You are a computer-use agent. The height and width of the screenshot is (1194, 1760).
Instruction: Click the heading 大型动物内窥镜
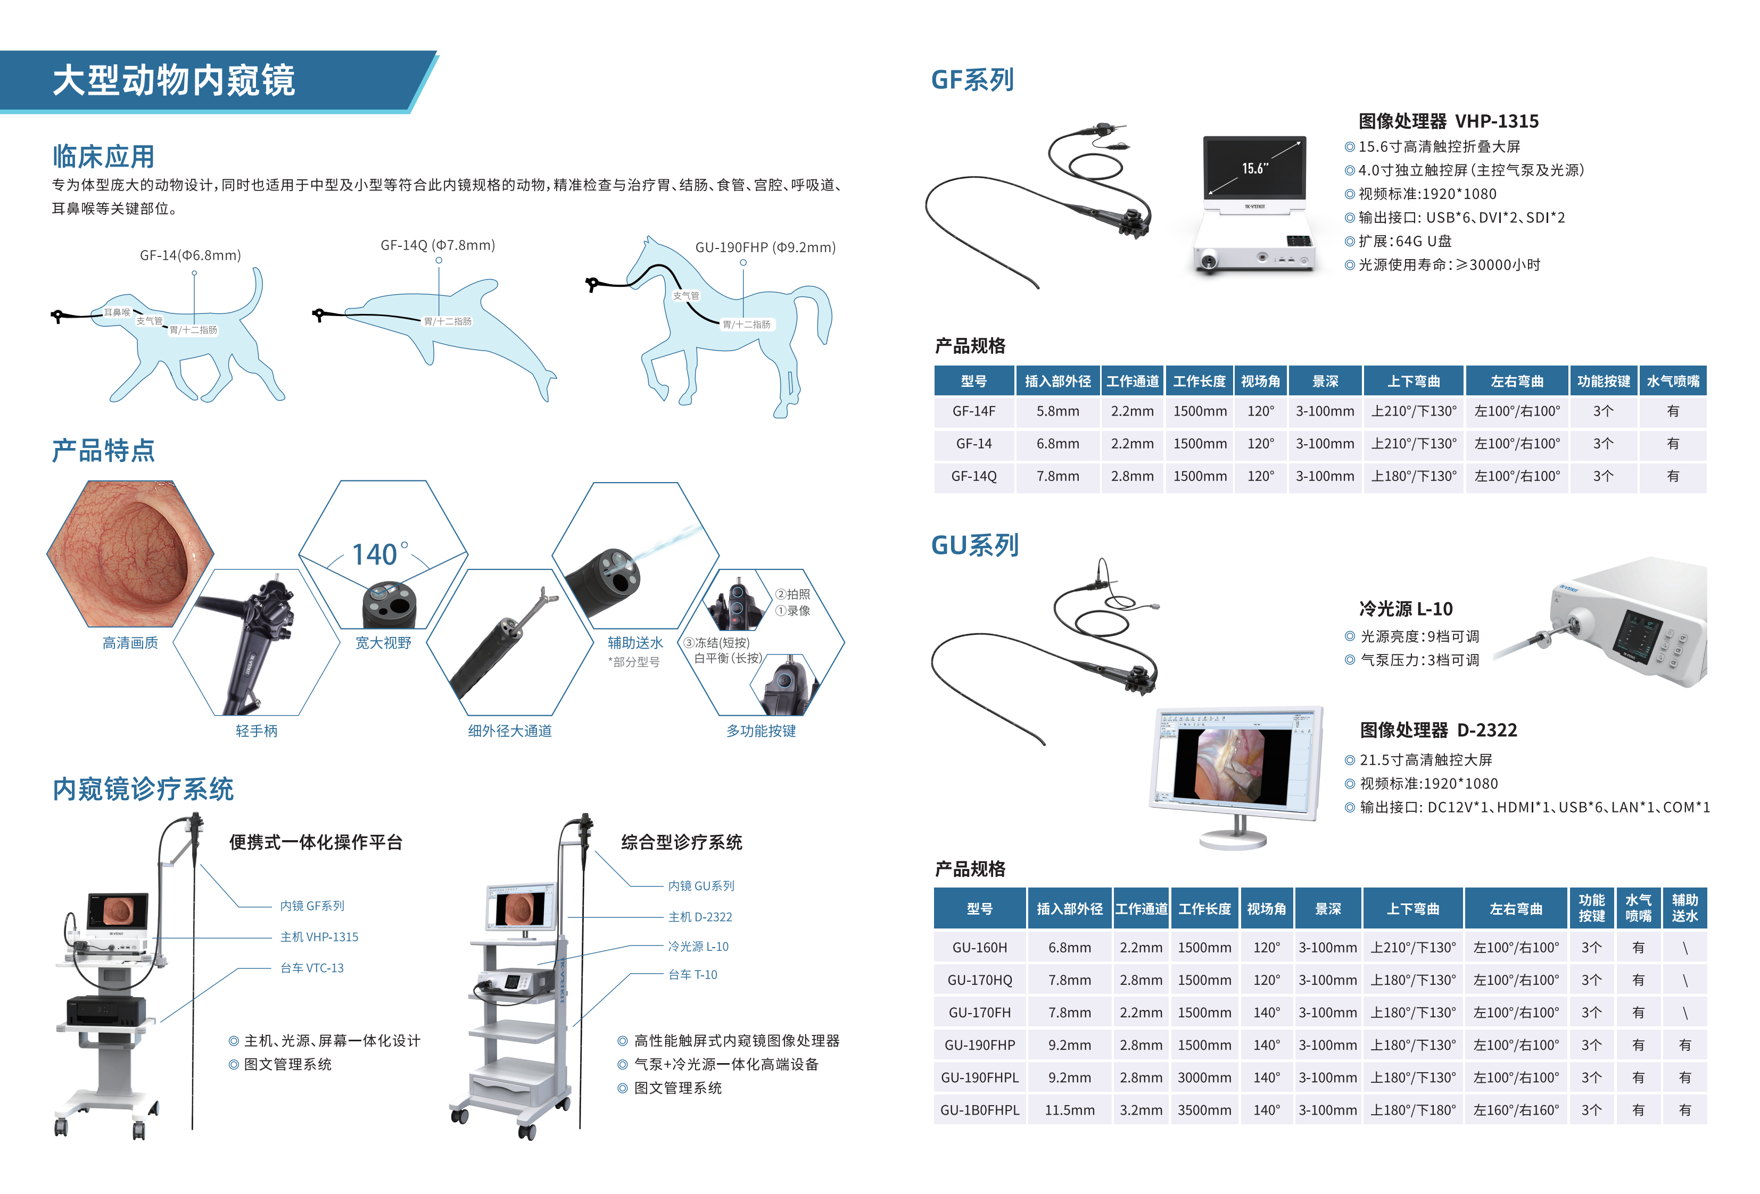(x=173, y=80)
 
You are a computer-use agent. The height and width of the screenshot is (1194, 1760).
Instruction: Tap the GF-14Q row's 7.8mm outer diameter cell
(x=1057, y=476)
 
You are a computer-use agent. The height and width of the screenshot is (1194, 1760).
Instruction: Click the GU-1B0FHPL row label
(x=979, y=1110)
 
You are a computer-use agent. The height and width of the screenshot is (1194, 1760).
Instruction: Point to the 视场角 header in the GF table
(x=1260, y=381)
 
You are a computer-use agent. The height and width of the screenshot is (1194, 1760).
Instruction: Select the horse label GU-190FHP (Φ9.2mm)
(x=765, y=247)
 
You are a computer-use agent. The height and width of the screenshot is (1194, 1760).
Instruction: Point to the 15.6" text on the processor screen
(x=1255, y=168)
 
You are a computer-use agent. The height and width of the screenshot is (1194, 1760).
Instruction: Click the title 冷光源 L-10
(x=1406, y=609)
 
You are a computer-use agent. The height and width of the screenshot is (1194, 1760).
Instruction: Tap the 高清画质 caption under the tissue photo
(x=130, y=643)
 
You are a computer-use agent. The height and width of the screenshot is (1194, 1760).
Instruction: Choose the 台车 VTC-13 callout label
(x=311, y=968)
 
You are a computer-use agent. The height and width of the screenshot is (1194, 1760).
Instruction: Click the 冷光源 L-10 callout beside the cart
(x=698, y=947)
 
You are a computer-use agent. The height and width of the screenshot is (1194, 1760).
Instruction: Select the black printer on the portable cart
(x=106, y=1010)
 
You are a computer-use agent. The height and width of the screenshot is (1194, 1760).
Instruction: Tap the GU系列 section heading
(x=974, y=545)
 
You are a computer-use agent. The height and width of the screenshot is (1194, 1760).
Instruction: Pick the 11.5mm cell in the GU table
(x=1069, y=1110)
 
